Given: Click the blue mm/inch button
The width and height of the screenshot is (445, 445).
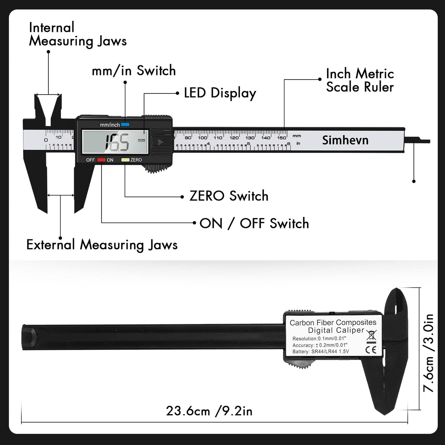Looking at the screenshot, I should (125, 125).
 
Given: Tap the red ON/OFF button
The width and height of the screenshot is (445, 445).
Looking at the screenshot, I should (101, 160).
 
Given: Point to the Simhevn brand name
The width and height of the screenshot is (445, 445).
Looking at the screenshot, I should (345, 140).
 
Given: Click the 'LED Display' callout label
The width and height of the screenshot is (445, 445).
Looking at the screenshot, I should (220, 93).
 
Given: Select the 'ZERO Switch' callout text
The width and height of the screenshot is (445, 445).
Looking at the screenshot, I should (229, 196).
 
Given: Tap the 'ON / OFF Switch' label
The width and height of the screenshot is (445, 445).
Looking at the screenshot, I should (254, 223).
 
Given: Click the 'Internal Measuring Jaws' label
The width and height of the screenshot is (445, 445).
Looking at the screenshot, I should (78, 34).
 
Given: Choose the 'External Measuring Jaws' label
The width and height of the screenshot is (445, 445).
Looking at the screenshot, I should (102, 245).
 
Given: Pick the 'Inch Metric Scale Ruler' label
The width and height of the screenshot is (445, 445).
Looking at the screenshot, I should (360, 80).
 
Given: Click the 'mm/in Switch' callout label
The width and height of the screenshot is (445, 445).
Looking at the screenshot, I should (134, 70).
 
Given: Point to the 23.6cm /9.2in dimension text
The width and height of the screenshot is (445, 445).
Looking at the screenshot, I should (209, 411).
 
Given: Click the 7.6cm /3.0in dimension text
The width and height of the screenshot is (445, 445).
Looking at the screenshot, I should (428, 353).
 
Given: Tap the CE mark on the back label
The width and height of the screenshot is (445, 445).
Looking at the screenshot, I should (371, 350).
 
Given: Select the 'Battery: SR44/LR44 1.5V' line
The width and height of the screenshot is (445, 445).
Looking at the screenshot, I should (321, 352).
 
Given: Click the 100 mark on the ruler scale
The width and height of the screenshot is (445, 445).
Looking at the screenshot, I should (203, 138).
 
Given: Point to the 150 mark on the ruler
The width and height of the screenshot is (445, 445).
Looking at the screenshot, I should (282, 138).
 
